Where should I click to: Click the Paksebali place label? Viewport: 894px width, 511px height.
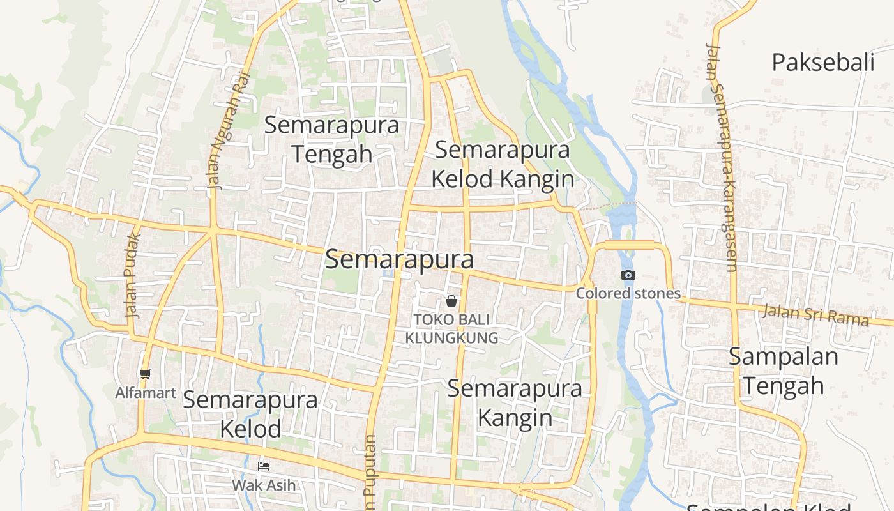tap(822, 63)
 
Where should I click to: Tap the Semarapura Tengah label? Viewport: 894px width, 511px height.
tap(331, 139)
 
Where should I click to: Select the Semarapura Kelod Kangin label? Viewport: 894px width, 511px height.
tap(503, 165)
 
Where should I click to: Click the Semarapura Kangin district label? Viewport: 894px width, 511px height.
tap(515, 402)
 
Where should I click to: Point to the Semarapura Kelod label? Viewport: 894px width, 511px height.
tap(250, 414)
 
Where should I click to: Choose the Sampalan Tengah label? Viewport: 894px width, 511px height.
tap(783, 371)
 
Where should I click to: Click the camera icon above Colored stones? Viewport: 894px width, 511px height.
tap(628, 275)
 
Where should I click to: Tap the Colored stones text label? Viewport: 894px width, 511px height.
tap(628, 293)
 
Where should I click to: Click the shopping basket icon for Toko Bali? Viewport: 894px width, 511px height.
tap(451, 300)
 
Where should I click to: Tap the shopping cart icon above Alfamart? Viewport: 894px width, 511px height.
tap(146, 374)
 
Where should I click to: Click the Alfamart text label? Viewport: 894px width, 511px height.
tap(146, 392)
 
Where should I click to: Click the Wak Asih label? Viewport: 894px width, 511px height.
tap(264, 485)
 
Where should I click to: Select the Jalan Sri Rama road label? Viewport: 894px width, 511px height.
tap(816, 315)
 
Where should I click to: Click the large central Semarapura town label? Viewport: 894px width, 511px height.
tap(400, 260)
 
